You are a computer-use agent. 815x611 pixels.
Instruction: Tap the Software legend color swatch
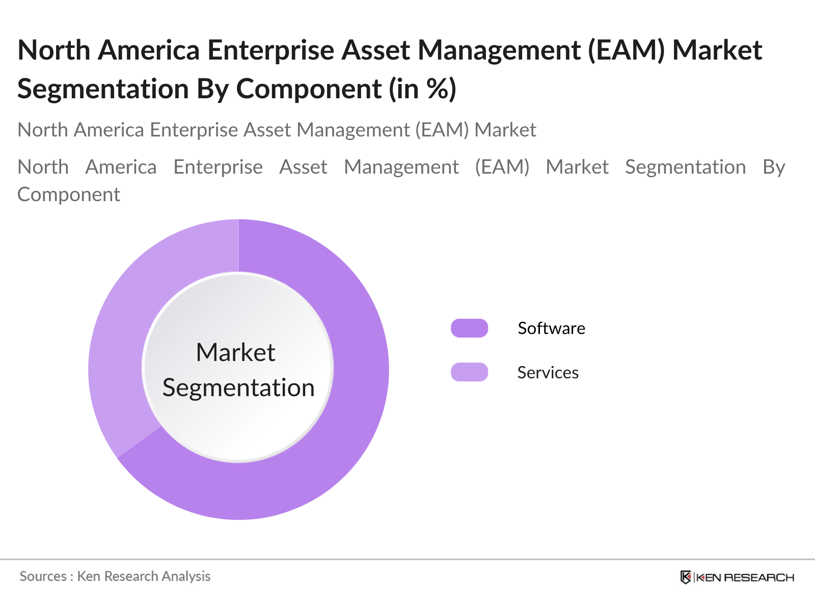point(469,328)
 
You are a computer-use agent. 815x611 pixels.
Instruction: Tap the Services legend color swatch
point(469,372)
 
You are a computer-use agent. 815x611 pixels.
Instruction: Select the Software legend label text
point(551,328)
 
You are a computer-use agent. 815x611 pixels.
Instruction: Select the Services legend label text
point(548,373)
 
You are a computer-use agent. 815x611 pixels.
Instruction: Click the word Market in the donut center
point(235,352)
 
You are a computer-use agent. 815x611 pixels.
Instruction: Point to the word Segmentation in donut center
point(238,388)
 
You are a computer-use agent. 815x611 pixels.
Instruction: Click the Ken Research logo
point(737,577)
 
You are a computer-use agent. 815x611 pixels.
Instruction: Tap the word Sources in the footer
point(43,576)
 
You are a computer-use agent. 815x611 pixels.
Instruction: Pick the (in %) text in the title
point(422,89)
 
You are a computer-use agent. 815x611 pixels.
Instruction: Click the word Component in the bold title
point(309,90)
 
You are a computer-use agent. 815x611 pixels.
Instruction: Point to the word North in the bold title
point(54,50)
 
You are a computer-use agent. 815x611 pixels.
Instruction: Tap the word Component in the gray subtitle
point(69,195)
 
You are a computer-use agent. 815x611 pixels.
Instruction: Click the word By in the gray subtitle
point(774,168)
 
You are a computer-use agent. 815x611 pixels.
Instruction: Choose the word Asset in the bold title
point(376,50)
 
